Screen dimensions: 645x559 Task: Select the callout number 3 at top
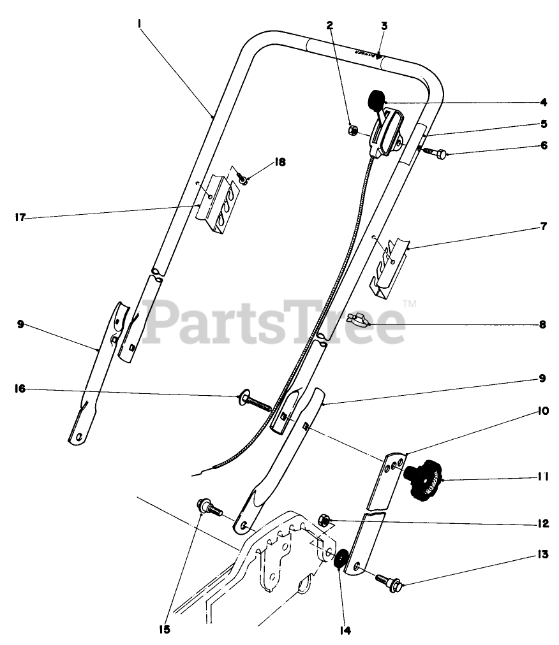click(384, 26)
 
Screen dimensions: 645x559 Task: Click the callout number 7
click(543, 226)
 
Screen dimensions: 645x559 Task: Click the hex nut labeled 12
click(324, 523)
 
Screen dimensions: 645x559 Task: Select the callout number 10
click(543, 412)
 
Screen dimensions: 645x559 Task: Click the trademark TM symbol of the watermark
click(410, 304)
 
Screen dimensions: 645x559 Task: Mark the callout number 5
click(543, 123)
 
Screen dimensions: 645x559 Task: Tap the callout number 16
click(20, 388)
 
